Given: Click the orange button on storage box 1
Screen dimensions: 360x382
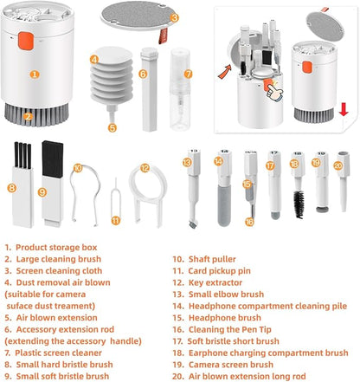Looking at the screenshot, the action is click(x=26, y=41).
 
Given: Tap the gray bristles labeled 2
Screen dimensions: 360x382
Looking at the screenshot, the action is click(x=36, y=114).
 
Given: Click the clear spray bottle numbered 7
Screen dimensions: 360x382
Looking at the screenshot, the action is click(x=180, y=89).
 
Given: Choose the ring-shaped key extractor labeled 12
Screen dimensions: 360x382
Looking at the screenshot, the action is click(x=148, y=192).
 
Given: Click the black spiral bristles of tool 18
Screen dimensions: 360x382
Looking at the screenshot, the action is click(x=299, y=204).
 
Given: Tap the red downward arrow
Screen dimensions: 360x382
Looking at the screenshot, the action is click(x=344, y=109).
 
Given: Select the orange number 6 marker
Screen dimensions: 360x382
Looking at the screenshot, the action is click(x=143, y=74).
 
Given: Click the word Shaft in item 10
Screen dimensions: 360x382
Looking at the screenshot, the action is click(x=199, y=259).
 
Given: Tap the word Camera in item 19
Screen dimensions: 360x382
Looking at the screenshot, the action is click(x=205, y=365).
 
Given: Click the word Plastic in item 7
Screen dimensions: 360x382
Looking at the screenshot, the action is click(x=28, y=353).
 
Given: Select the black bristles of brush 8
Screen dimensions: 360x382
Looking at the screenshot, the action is click(x=22, y=155).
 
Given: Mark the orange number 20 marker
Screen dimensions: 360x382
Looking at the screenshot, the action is click(x=337, y=165).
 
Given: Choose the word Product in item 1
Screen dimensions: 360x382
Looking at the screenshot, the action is click(x=31, y=248).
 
